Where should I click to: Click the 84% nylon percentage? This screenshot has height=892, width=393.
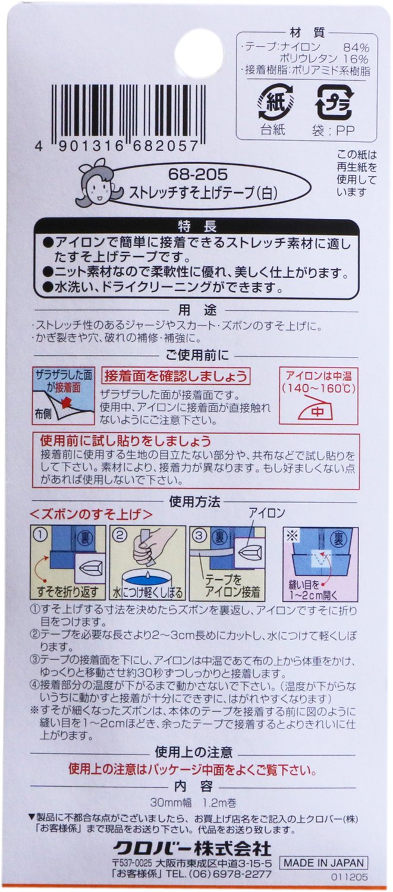[356, 48]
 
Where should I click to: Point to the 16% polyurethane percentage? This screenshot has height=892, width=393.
[356, 59]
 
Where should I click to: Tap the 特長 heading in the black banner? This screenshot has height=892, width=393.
[197, 227]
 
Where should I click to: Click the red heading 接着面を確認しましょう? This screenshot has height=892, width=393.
[175, 376]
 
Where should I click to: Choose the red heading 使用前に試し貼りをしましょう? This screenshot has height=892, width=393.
[125, 441]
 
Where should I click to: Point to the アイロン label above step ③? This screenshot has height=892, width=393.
[267, 512]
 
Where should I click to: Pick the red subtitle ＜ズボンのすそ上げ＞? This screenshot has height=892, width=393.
[92, 514]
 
